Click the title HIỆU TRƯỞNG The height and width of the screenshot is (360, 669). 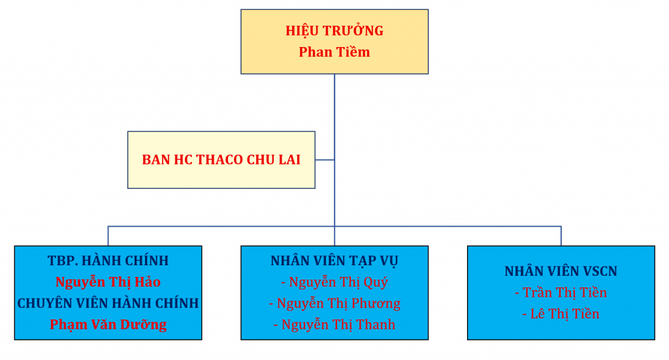tap(334, 31)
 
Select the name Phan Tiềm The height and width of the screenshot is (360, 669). tap(334, 52)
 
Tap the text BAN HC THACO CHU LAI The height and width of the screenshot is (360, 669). tap(221, 159)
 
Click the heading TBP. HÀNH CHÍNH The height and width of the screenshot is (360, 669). tap(108, 261)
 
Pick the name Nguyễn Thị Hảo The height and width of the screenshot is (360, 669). tap(108, 282)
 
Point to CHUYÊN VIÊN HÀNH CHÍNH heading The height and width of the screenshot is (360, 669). tap(108, 303)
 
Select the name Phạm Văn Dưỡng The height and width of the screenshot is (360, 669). tap(108, 325)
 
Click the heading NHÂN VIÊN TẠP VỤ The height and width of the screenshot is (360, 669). tap(334, 261)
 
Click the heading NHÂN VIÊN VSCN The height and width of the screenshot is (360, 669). tap(561, 271)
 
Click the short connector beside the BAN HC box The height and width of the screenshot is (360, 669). tap(325, 160)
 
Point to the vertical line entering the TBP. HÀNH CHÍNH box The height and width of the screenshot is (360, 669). tap(108, 236)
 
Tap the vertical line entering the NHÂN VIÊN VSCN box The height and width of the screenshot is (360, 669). tap(561, 236)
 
